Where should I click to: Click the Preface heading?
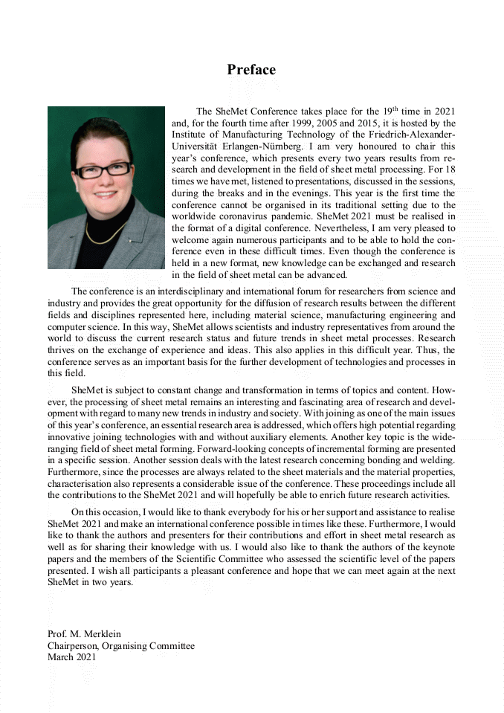click(251, 70)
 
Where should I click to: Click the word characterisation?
click(83, 483)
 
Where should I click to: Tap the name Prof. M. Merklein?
click(84, 634)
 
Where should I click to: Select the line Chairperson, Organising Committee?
click(121, 645)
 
